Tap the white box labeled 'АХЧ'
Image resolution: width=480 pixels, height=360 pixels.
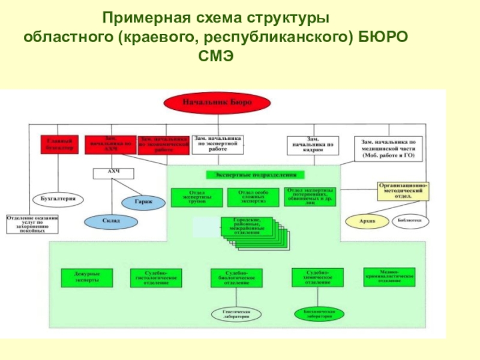click(113, 173)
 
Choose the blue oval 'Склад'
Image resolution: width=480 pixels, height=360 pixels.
click(110, 221)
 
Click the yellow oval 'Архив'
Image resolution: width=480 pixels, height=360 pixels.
click(366, 221)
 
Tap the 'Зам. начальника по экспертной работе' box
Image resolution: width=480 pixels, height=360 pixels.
click(218, 145)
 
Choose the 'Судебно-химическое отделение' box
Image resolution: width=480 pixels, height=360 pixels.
click(318, 277)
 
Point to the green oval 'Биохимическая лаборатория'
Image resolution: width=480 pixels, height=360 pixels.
click(319, 314)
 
